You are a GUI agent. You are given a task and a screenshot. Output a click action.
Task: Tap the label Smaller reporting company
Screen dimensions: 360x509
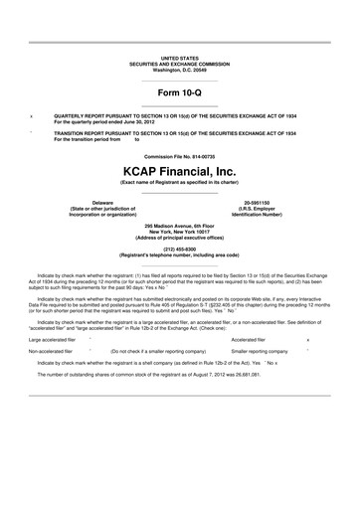point(259,351)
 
